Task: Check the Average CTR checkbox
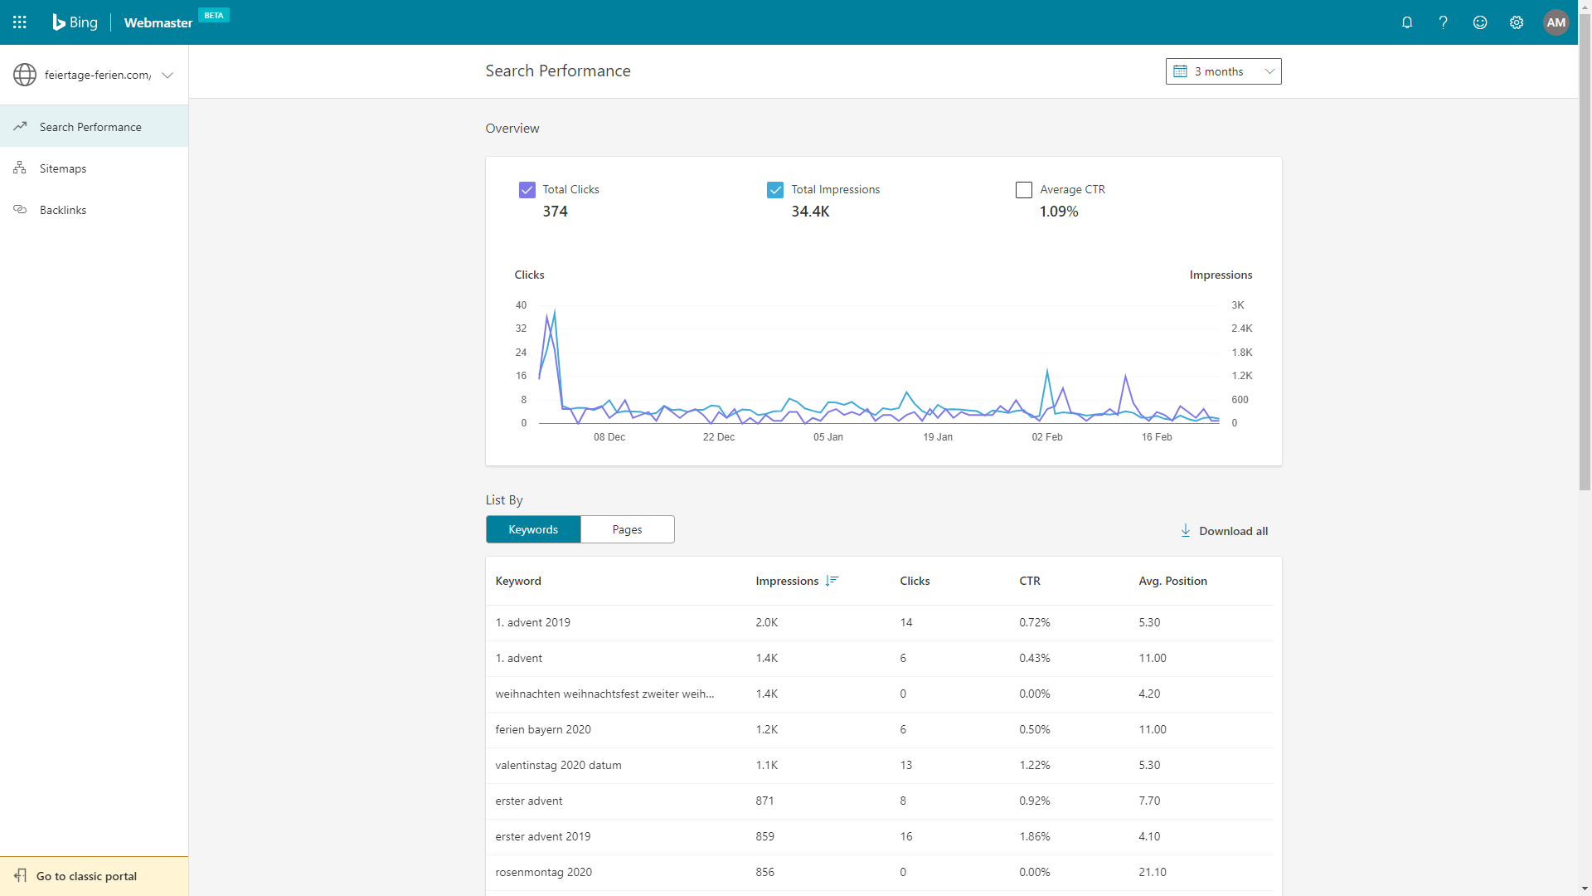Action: pyautogui.click(x=1024, y=190)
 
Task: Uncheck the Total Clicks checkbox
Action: pyautogui.click(x=527, y=190)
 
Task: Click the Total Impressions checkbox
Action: pyautogui.click(x=775, y=190)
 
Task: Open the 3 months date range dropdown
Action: pyautogui.click(x=1223, y=71)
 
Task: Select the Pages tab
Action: pyautogui.click(x=628, y=529)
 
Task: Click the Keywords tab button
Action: pyautogui.click(x=533, y=529)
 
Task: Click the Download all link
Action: pyautogui.click(x=1224, y=531)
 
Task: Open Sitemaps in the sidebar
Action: pyautogui.click(x=63, y=168)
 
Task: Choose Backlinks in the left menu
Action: pyautogui.click(x=63, y=210)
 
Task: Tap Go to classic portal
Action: pyautogui.click(x=86, y=876)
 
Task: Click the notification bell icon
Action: pyautogui.click(x=1407, y=22)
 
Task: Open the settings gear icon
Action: pyautogui.click(x=1517, y=22)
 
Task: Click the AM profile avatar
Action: pyautogui.click(x=1556, y=22)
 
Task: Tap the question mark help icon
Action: pyautogui.click(x=1444, y=22)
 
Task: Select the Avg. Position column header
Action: pyautogui.click(x=1172, y=581)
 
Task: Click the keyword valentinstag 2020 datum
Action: pyautogui.click(x=558, y=765)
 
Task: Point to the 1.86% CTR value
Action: pyautogui.click(x=1035, y=836)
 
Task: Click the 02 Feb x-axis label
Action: pyautogui.click(x=1047, y=437)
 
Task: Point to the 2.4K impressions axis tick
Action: pyautogui.click(x=1242, y=329)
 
